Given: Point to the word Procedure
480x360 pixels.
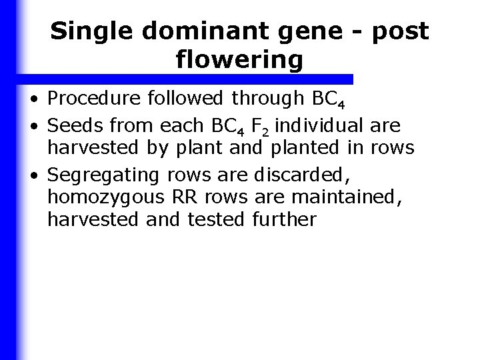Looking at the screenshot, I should tap(94, 100).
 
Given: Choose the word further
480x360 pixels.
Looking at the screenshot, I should tap(284, 219).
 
